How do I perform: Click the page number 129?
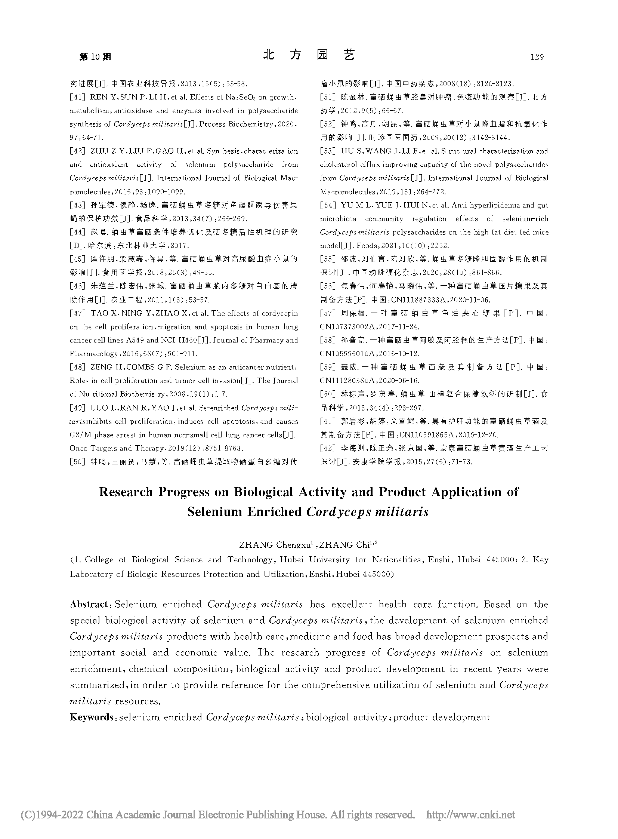click(x=537, y=57)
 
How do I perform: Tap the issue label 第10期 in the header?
click(x=95, y=57)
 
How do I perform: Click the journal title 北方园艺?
click(x=309, y=55)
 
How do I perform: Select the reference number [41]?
click(x=78, y=97)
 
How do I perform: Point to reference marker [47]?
click(x=78, y=313)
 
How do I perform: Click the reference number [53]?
click(x=328, y=151)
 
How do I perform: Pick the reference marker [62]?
click(x=328, y=448)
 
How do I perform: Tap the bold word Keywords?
click(x=92, y=717)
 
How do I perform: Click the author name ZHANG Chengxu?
click(x=275, y=545)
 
